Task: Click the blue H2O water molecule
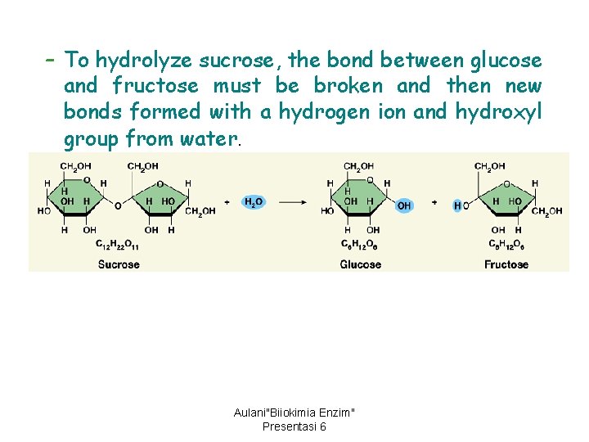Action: click(254, 201)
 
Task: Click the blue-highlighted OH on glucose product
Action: click(403, 205)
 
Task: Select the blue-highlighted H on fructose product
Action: click(457, 205)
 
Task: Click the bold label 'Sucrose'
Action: click(119, 264)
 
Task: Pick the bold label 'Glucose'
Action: click(361, 264)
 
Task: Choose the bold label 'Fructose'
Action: click(506, 264)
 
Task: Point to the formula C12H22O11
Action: click(118, 244)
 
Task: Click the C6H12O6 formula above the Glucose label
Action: click(360, 244)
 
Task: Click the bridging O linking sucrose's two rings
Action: click(118, 205)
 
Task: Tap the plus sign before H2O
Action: click(227, 201)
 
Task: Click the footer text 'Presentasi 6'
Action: click(294, 426)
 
